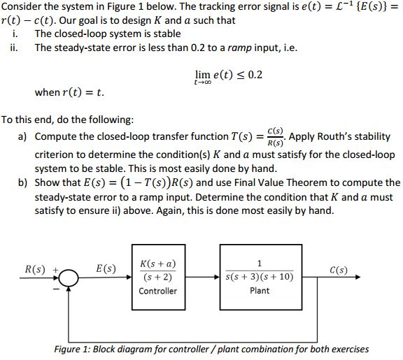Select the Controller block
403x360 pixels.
(x=158, y=278)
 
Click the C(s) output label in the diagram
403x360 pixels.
(x=338, y=270)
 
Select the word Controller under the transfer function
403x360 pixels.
(x=158, y=291)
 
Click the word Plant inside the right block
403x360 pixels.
(x=260, y=291)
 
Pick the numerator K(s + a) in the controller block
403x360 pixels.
(x=158, y=264)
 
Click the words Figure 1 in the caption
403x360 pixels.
(x=74, y=349)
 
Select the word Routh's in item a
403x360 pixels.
(x=330, y=136)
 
